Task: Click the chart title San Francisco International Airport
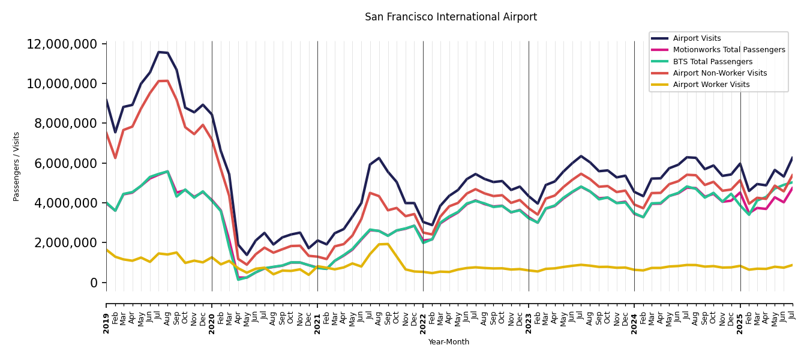[x=451, y=17]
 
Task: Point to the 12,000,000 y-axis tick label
[x=62, y=44]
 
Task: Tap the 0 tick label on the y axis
[x=94, y=283]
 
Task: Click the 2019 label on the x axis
[x=107, y=323]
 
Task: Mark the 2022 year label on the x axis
[x=423, y=323]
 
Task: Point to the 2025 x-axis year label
[x=740, y=323]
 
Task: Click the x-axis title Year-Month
[x=449, y=342]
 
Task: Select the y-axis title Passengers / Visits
[x=17, y=166]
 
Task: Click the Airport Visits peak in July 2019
[x=159, y=52]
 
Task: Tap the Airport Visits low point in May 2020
[x=247, y=255]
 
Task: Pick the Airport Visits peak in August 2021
[x=379, y=158]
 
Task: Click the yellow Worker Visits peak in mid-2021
[x=383, y=244]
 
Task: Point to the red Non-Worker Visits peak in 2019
[x=163, y=80]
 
